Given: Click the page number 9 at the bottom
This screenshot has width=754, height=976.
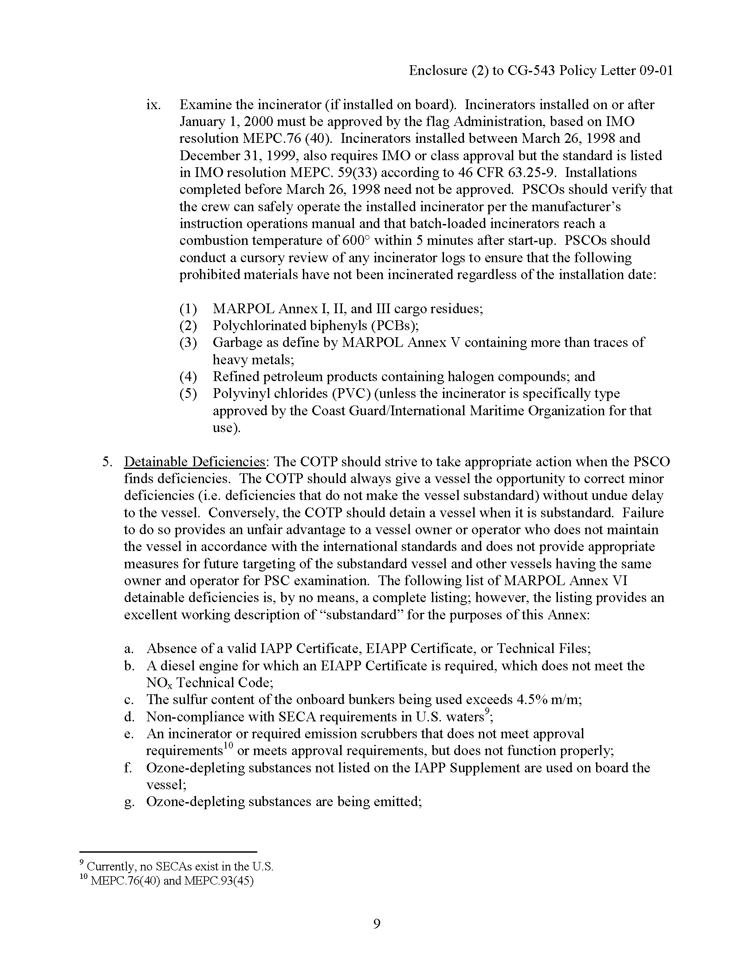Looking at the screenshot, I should click(x=377, y=924).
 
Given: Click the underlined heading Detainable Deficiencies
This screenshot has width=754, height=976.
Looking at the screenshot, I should click(x=195, y=462).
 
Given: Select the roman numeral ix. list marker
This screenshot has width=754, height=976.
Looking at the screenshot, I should click(x=153, y=105).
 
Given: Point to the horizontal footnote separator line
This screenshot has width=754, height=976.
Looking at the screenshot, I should click(x=168, y=852).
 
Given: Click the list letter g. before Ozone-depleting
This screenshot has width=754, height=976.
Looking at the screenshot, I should click(x=129, y=802).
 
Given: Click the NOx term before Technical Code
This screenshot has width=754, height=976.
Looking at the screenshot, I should click(x=159, y=683).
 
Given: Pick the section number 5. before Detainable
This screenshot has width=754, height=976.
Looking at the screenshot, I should click(x=107, y=462).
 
